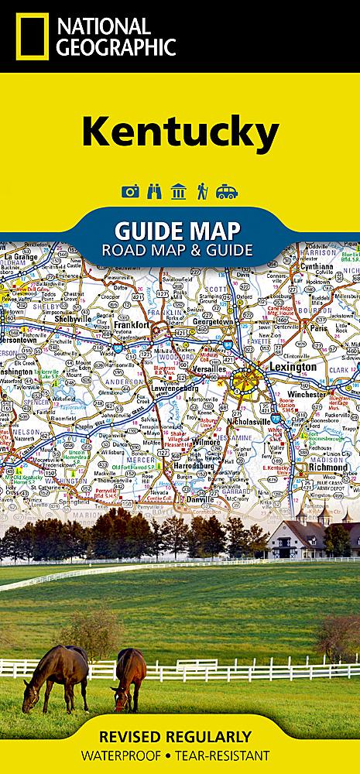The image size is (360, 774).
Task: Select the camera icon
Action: (x=130, y=191)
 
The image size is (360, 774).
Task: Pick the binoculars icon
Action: (x=155, y=191)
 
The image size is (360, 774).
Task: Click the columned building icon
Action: (x=179, y=191)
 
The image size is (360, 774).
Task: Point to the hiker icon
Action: (x=202, y=191)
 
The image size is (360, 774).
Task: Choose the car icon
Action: (x=227, y=191)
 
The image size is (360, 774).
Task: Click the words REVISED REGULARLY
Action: (x=180, y=735)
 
